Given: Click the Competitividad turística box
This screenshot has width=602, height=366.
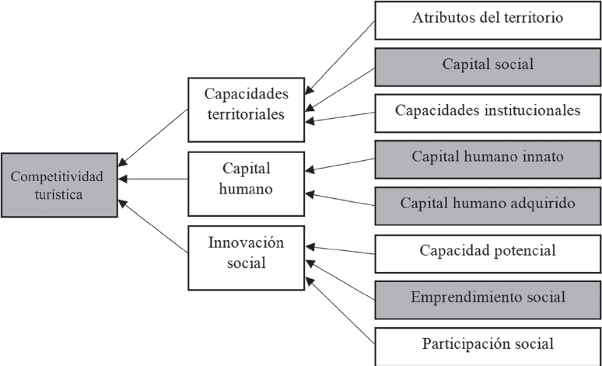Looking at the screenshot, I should (59, 184).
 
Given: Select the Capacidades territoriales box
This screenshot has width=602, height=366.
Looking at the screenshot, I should (246, 104).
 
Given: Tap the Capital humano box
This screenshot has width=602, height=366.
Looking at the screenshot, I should (246, 178).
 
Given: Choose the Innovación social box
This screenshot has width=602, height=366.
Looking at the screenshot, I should (247, 253).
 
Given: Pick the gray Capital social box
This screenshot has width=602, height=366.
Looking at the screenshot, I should (488, 65).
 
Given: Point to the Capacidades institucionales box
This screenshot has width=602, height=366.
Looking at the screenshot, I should (488, 111).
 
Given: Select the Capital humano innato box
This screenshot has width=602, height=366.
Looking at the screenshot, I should (488, 158).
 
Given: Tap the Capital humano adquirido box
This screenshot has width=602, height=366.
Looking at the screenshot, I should (488, 204).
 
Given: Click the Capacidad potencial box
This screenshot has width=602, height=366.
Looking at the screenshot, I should (488, 252).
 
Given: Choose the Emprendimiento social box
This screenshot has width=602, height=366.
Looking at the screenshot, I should (488, 298).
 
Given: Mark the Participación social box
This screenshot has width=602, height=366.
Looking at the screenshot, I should (488, 344).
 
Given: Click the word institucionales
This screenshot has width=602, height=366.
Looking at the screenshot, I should (534, 111).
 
